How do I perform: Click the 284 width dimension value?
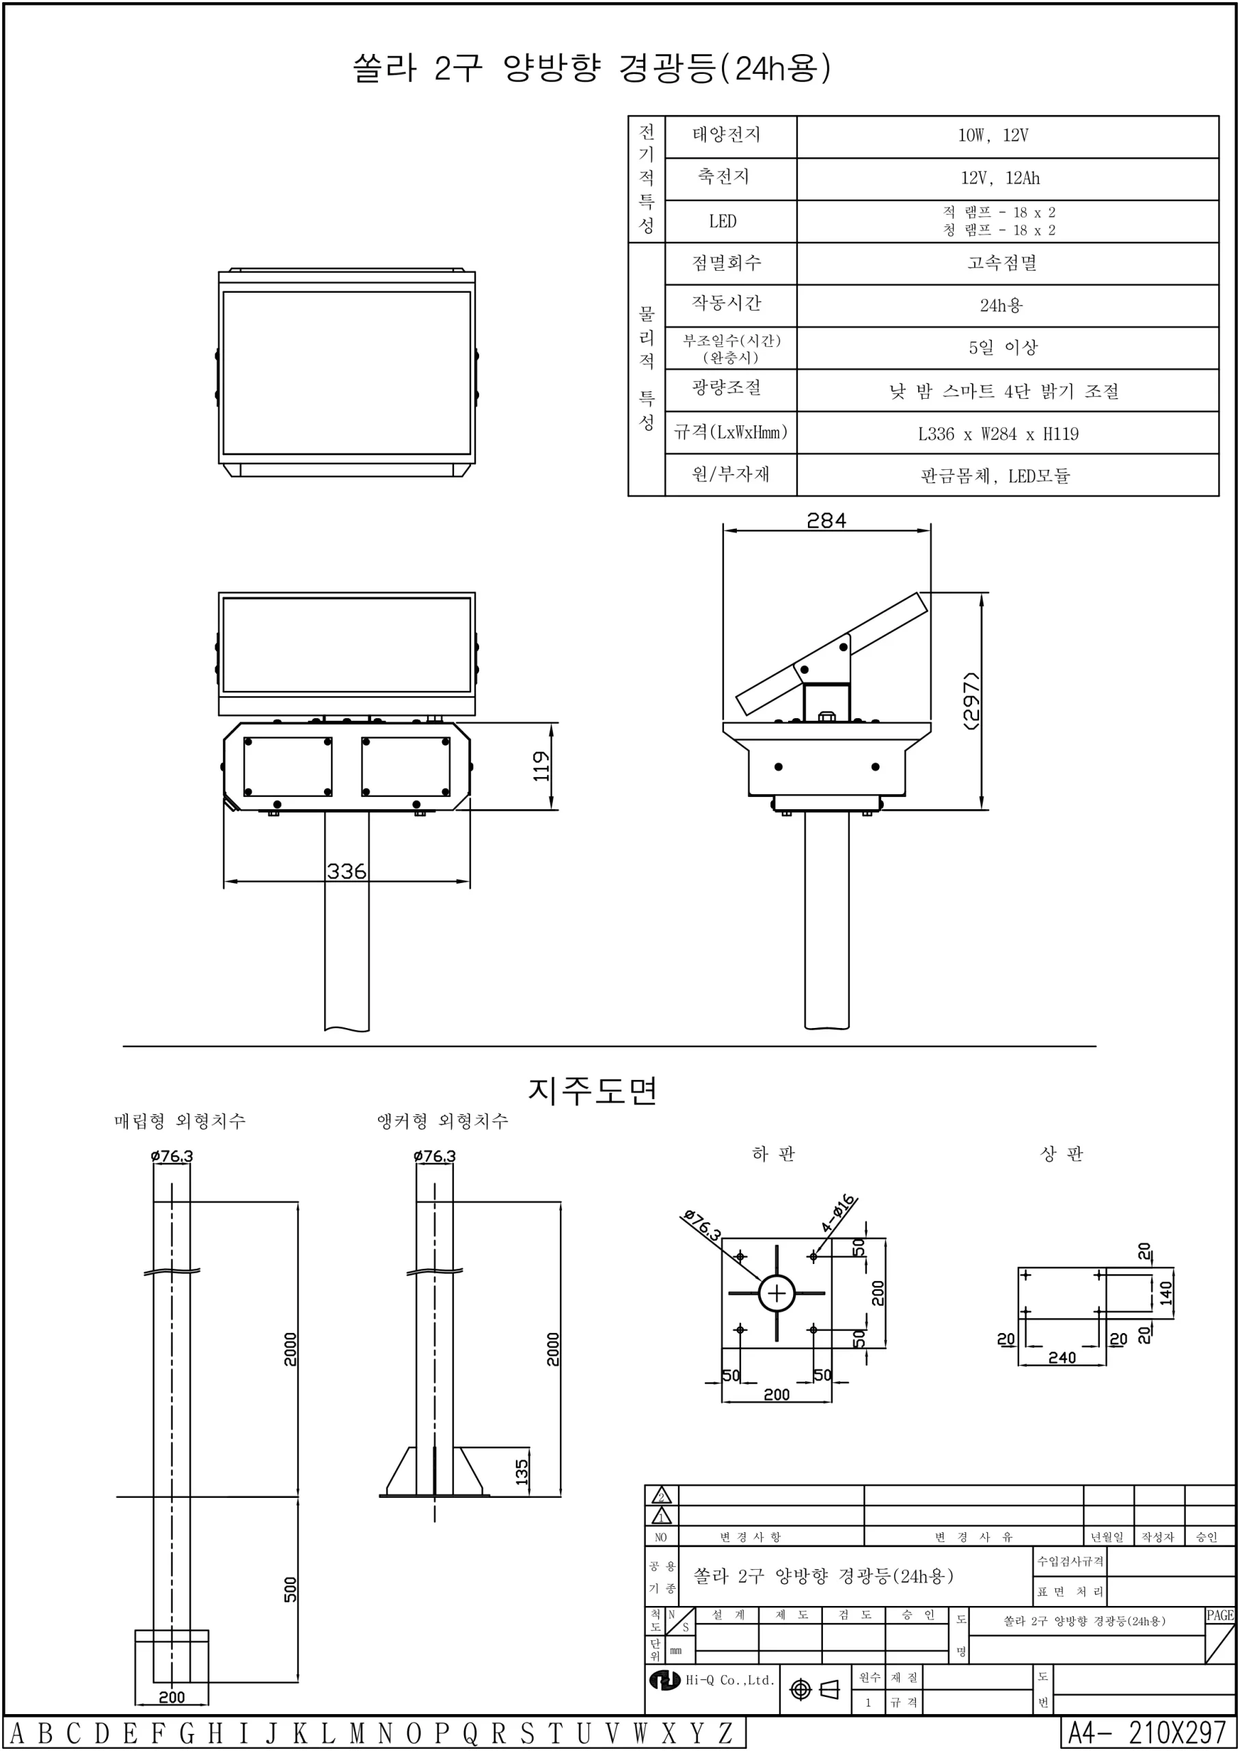click(x=826, y=521)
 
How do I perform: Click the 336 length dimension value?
click(x=347, y=871)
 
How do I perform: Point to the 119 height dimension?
click(x=541, y=765)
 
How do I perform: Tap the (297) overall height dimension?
click(x=971, y=700)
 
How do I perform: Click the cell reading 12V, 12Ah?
click(x=999, y=179)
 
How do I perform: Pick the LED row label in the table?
click(x=723, y=222)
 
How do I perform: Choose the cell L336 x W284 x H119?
click(x=998, y=434)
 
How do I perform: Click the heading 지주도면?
click(x=593, y=1090)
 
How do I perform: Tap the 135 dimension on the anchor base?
click(x=522, y=1471)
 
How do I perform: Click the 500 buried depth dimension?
click(x=290, y=1589)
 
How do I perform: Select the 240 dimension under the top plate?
click(x=1062, y=1358)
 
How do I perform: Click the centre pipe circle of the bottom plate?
click(x=777, y=1293)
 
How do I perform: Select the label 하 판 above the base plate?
click(x=774, y=1154)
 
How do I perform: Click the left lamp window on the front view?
click(x=288, y=766)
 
